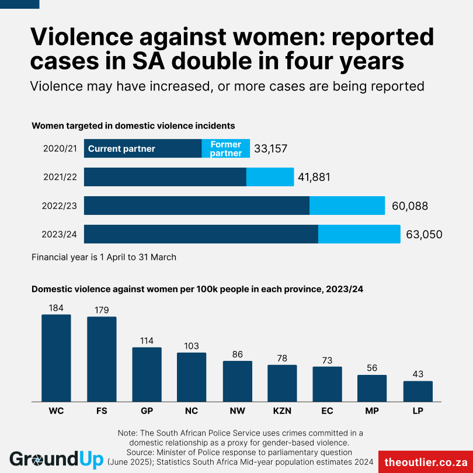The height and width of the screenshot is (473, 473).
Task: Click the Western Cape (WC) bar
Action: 56,357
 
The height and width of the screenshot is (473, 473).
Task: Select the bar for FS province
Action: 102,359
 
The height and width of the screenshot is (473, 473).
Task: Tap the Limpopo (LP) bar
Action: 418,391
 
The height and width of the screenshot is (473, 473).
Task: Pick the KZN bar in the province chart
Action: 282,382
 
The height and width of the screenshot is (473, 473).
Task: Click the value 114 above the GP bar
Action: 147,340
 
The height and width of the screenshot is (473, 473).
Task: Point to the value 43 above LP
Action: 418,374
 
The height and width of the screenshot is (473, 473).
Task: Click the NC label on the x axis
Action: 192,411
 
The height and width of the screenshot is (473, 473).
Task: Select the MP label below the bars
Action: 372,411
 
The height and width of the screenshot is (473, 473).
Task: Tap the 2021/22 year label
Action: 60,177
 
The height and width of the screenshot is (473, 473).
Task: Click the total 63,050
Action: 424,235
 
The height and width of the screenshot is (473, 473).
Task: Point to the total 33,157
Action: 270,149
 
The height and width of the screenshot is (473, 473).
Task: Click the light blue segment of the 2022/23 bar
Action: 347,206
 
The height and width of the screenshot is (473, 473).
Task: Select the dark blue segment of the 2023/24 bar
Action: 201,234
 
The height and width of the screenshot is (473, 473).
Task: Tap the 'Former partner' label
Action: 226,149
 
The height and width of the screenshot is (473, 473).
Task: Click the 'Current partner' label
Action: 121,149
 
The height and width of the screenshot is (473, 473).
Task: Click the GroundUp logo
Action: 56,459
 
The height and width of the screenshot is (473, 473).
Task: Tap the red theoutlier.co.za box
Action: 425,461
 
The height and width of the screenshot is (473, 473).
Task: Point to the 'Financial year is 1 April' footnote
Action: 104,257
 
